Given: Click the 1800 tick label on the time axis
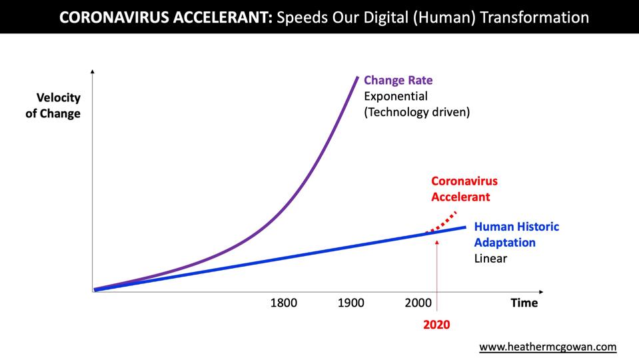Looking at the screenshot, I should (x=283, y=303).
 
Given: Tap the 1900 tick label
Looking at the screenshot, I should (x=351, y=303).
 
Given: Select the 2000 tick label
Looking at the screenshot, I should (x=418, y=303).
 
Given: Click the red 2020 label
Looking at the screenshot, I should (x=436, y=325).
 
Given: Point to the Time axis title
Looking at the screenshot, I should (x=524, y=303).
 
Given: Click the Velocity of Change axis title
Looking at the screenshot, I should (x=53, y=105).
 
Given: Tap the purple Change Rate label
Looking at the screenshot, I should (x=398, y=81).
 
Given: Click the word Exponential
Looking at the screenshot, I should (x=396, y=97).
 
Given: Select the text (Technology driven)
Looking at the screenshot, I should (x=416, y=112).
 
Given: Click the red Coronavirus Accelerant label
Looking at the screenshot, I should (x=464, y=189).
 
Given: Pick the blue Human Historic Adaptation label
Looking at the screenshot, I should (x=516, y=234).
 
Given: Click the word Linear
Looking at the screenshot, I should (x=490, y=258).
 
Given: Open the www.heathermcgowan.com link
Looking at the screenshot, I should (x=548, y=347).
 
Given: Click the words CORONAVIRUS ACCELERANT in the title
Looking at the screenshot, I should (x=165, y=17).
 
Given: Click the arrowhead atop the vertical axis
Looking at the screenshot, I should (x=93, y=71).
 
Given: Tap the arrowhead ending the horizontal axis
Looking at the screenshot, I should (x=540, y=291).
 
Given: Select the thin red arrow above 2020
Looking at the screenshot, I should (x=436, y=273).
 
